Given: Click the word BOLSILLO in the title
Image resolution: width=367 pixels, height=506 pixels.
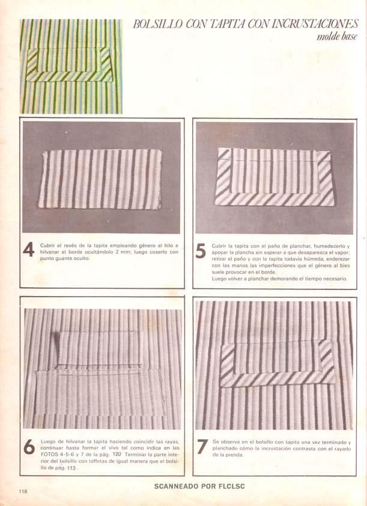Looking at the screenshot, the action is (157, 24).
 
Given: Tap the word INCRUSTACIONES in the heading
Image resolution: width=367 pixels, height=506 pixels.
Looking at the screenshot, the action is (315, 24).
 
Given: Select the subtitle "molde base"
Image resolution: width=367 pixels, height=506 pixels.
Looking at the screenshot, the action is (338, 37).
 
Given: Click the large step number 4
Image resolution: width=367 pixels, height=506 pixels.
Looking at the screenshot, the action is (29, 250).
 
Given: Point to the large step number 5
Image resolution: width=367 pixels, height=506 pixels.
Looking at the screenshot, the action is (201, 251).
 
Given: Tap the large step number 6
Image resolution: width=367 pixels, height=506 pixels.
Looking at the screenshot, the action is (29, 446).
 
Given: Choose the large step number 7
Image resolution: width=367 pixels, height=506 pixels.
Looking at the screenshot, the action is (202, 446).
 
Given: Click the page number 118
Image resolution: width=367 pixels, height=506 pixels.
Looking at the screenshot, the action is (23, 492).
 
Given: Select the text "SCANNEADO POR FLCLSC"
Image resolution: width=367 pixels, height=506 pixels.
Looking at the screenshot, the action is (199, 486).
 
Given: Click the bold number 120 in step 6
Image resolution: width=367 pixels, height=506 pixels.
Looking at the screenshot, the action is (118, 454).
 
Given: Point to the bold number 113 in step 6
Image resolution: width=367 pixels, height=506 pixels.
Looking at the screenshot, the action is (71, 468).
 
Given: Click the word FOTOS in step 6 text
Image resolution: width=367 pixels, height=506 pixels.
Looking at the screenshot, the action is (48, 455).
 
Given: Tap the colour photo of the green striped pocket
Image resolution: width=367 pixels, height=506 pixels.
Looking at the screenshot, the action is (71, 66).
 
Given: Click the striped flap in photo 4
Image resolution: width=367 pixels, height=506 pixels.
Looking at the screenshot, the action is (100, 179).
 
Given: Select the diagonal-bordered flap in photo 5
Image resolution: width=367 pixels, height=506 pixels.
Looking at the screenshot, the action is (274, 176).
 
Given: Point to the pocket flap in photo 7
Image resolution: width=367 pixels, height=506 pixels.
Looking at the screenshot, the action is (278, 363).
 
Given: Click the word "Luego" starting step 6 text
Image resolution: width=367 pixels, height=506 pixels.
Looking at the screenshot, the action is (47, 441).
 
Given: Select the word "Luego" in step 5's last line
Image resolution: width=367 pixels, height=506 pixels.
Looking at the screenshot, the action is (219, 279).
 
